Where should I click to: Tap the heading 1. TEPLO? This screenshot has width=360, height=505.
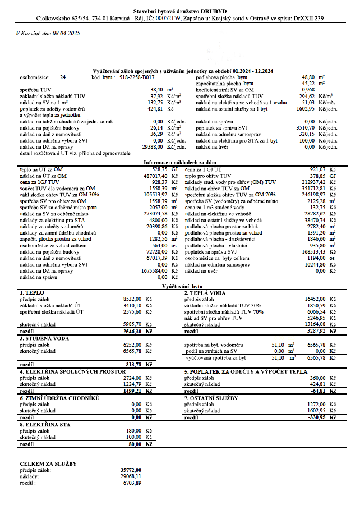(32, 293)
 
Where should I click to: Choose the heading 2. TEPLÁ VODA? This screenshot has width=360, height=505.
(206, 293)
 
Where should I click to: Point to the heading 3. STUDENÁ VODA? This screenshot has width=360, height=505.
(44, 338)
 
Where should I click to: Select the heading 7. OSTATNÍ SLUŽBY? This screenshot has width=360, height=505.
(211, 398)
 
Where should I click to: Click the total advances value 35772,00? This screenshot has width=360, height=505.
(131, 470)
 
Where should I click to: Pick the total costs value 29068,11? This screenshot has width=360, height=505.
(132, 476)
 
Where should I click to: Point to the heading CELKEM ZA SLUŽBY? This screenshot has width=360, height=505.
(48, 463)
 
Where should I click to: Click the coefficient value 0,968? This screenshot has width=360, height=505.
(308, 89)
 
